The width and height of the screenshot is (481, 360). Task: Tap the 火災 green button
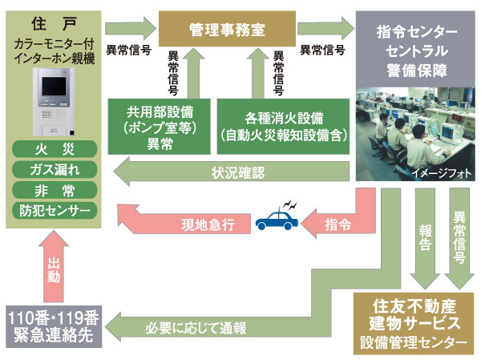(55, 148)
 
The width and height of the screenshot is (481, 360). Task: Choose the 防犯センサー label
(55, 210)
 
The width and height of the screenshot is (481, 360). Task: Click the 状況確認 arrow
(232, 170)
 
